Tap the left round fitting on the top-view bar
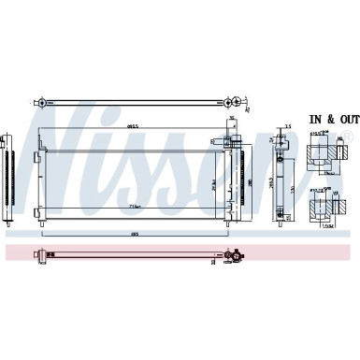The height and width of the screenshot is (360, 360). pos(40,100)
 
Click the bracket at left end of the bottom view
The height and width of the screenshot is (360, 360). pos(38,253)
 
